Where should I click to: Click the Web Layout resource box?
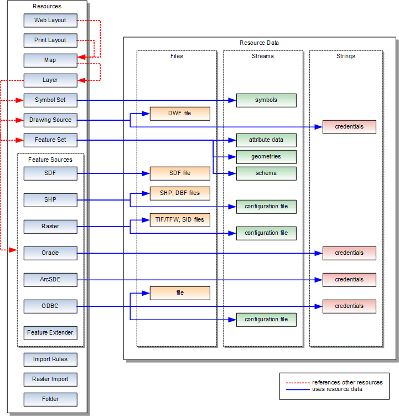pyautogui.click(x=50, y=20)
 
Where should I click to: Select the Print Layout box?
pyautogui.click(x=50, y=40)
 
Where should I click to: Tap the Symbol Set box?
pyautogui.click(x=50, y=100)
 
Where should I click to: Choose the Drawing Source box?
pyautogui.click(x=50, y=120)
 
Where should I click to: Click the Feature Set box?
pyautogui.click(x=50, y=140)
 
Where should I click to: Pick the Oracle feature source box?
pyautogui.click(x=50, y=253)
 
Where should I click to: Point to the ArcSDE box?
pyautogui.click(x=50, y=280)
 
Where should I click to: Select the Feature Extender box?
pyautogui.click(x=50, y=333)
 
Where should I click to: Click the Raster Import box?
pyautogui.click(x=50, y=379)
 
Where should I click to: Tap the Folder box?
pyautogui.click(x=50, y=399)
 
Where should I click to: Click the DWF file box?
pyautogui.click(x=180, y=114)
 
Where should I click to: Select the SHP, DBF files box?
pyautogui.click(x=180, y=193)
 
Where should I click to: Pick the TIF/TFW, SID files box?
pyautogui.click(x=180, y=220)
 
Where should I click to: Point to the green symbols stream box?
pyautogui.click(x=266, y=100)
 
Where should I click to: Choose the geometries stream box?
pyautogui.click(x=266, y=157)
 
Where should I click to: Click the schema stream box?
pyautogui.click(x=266, y=173)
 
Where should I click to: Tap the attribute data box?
pyautogui.click(x=266, y=140)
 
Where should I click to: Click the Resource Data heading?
pyautogui.click(x=259, y=43)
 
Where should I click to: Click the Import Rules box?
pyautogui.click(x=50, y=359)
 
